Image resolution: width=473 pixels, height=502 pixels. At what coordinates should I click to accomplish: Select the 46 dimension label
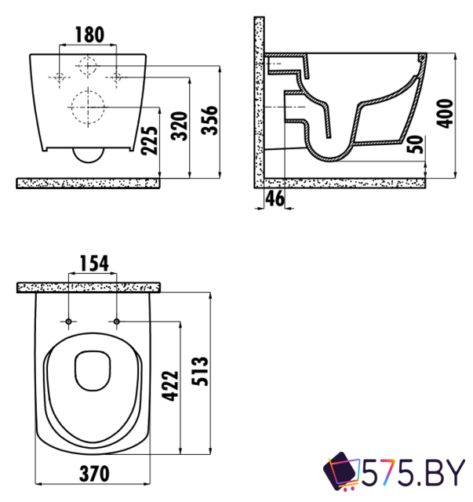(274, 198)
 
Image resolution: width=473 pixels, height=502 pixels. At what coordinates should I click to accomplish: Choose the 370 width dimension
(93, 474)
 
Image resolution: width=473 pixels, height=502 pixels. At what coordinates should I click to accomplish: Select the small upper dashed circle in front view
(87, 66)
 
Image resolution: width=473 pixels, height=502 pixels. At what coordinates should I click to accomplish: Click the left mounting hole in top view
(69, 322)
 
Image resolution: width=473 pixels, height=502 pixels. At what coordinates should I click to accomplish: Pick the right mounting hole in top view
(117, 322)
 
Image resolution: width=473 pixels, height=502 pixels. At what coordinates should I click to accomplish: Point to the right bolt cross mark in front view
(115, 77)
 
